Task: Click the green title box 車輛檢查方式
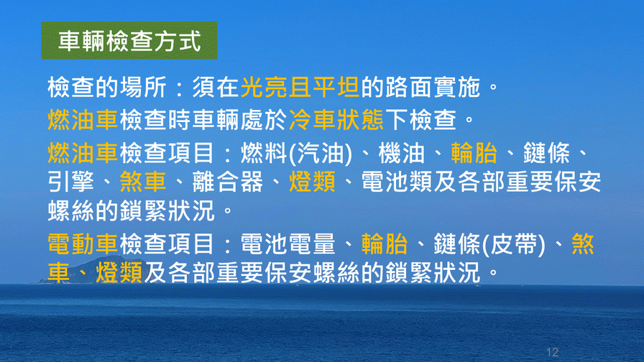[x=129, y=41]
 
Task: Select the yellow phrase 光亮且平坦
[x=300, y=88]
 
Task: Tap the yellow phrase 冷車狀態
[x=336, y=120]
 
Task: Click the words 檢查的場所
[x=107, y=88]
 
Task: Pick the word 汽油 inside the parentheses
[x=321, y=153]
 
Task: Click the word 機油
[x=401, y=153]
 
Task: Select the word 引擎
[x=71, y=182]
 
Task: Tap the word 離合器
[x=228, y=182]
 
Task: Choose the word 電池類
[x=397, y=182]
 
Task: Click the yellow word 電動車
[x=83, y=243]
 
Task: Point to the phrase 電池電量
[x=288, y=243]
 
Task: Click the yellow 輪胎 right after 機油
[x=474, y=153]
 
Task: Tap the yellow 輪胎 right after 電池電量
[x=385, y=243]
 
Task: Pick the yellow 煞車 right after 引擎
[x=143, y=182]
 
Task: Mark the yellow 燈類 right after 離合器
[x=313, y=182]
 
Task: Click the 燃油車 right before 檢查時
[x=83, y=120]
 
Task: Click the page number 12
[x=553, y=352]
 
